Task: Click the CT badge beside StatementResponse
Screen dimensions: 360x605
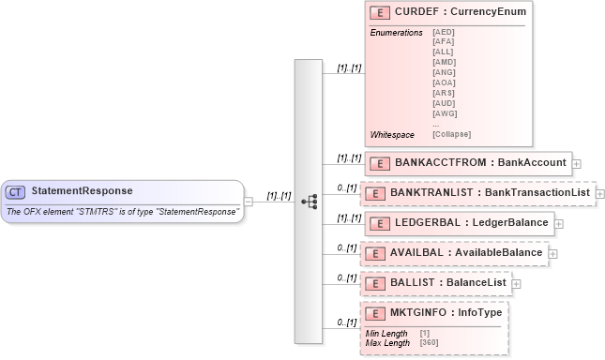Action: [15, 191]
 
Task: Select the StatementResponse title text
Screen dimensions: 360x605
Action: [82, 191]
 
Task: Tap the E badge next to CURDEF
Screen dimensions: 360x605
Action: [381, 13]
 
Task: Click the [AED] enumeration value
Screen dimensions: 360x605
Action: [444, 33]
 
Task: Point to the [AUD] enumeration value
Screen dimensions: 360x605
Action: [444, 102]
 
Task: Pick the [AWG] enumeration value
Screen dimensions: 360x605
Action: [444, 112]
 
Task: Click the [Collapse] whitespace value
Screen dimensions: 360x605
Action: [451, 134]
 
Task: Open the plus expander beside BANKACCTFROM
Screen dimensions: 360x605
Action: [576, 163]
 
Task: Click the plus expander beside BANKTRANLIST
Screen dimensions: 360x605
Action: [600, 194]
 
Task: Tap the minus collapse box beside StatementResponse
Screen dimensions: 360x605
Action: [249, 200]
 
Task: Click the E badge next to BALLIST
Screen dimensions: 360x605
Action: [376, 282]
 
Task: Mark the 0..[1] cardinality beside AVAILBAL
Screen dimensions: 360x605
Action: [347, 247]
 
